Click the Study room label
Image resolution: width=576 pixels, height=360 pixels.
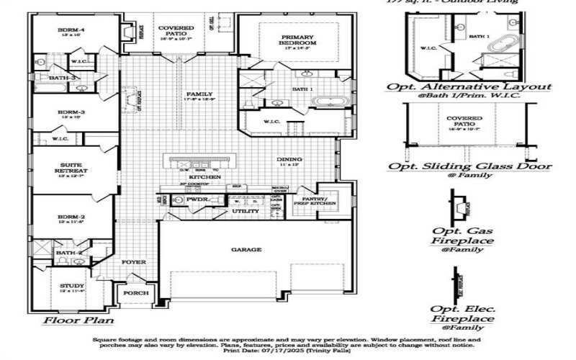71,287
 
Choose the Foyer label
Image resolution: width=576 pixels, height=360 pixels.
133,262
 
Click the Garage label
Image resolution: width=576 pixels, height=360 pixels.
246,250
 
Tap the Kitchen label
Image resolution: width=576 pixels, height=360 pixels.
199,177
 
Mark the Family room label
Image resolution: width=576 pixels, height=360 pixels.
194,94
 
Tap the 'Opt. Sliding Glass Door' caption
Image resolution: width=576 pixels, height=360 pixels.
470,166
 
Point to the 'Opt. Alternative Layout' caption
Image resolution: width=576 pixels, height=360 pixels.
469,86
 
